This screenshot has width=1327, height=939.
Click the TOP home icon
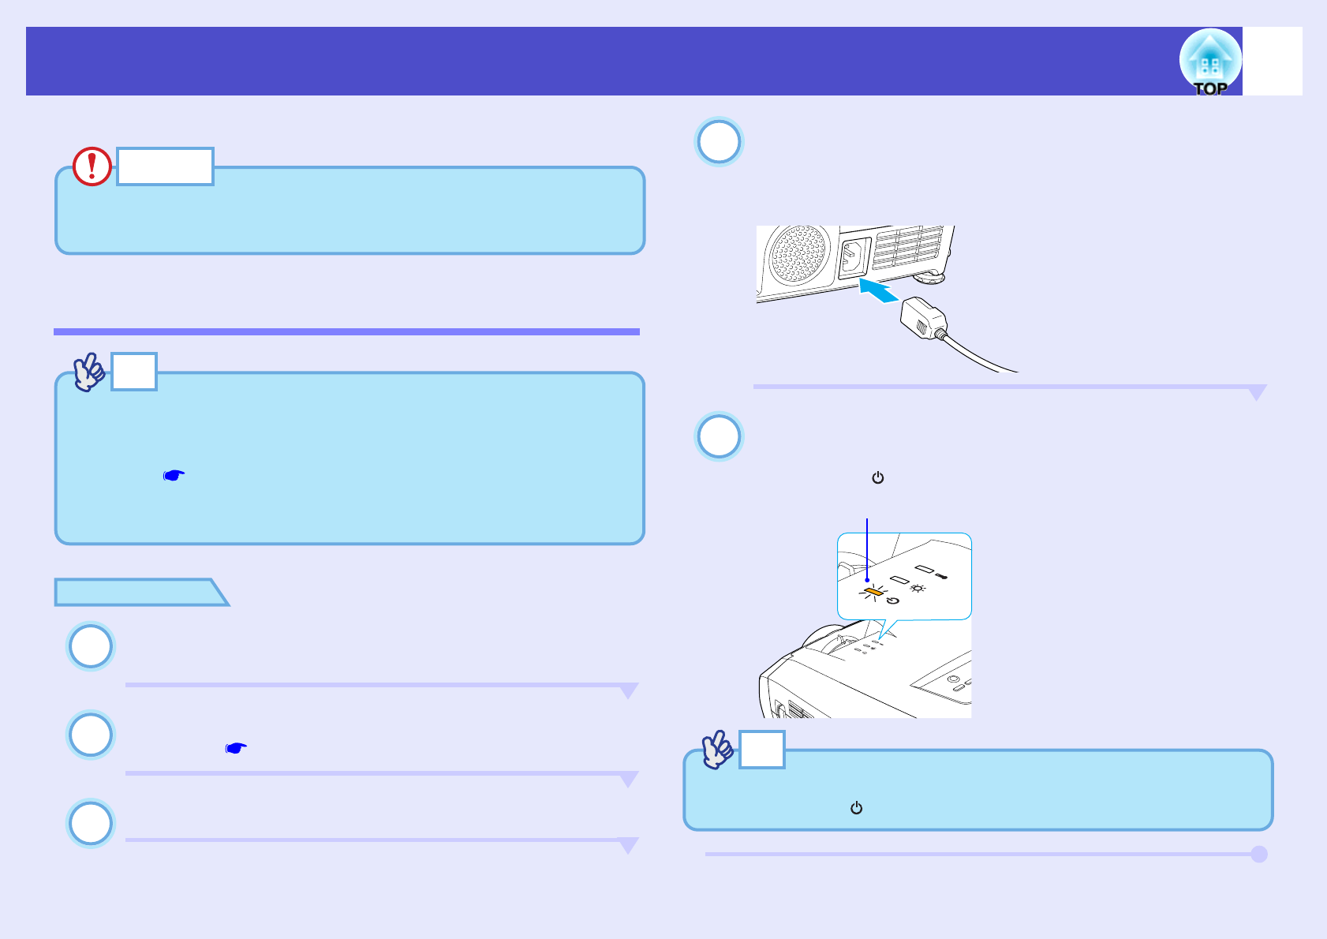tap(1209, 62)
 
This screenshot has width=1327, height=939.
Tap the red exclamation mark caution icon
tap(92, 166)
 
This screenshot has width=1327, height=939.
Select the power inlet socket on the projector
tap(854, 257)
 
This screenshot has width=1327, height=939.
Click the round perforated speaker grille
tap(798, 255)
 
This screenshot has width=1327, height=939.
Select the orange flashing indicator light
tap(873, 592)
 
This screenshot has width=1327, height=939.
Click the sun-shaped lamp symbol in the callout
tap(918, 588)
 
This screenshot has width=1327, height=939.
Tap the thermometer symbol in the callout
tap(941, 576)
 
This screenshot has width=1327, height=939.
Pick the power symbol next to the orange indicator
tap(892, 600)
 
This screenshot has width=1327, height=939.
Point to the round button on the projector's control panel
tap(954, 679)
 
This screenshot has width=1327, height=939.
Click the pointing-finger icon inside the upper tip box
tap(174, 476)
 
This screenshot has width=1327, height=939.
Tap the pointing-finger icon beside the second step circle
tap(236, 747)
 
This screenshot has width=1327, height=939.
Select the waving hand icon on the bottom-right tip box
tap(718, 749)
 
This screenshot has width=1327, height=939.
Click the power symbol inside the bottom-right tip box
tap(856, 808)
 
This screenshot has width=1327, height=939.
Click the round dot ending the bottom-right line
tap(1259, 854)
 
